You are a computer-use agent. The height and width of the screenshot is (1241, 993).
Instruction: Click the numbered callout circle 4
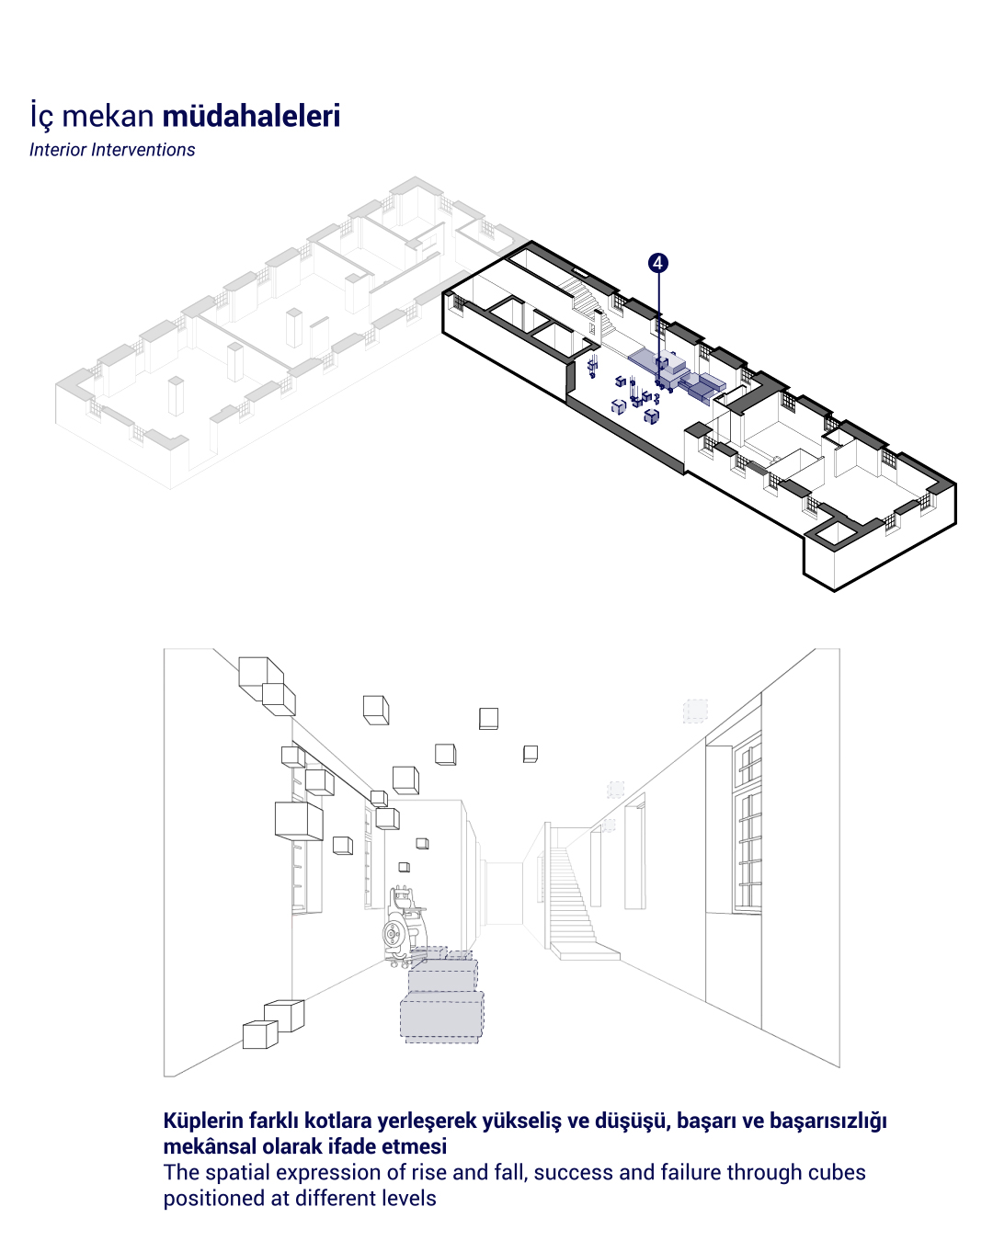(x=657, y=263)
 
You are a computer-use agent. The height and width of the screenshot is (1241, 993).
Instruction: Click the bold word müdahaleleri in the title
(x=251, y=115)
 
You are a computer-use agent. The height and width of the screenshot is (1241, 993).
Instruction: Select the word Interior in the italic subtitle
(x=58, y=150)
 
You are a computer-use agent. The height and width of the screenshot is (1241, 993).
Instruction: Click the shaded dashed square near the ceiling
(x=695, y=711)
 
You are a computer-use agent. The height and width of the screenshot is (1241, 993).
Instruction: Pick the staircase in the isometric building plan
(x=588, y=302)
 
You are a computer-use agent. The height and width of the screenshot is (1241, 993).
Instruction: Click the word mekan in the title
(x=108, y=116)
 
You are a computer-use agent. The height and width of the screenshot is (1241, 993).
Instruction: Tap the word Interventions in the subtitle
(x=143, y=150)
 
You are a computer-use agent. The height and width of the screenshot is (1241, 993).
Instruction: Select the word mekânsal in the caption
(x=210, y=1146)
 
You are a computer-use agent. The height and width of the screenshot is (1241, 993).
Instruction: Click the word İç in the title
(x=42, y=115)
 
